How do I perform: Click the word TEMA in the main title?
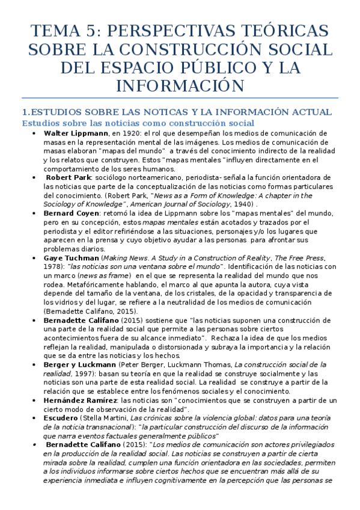pyautogui.click(x=53, y=31)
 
